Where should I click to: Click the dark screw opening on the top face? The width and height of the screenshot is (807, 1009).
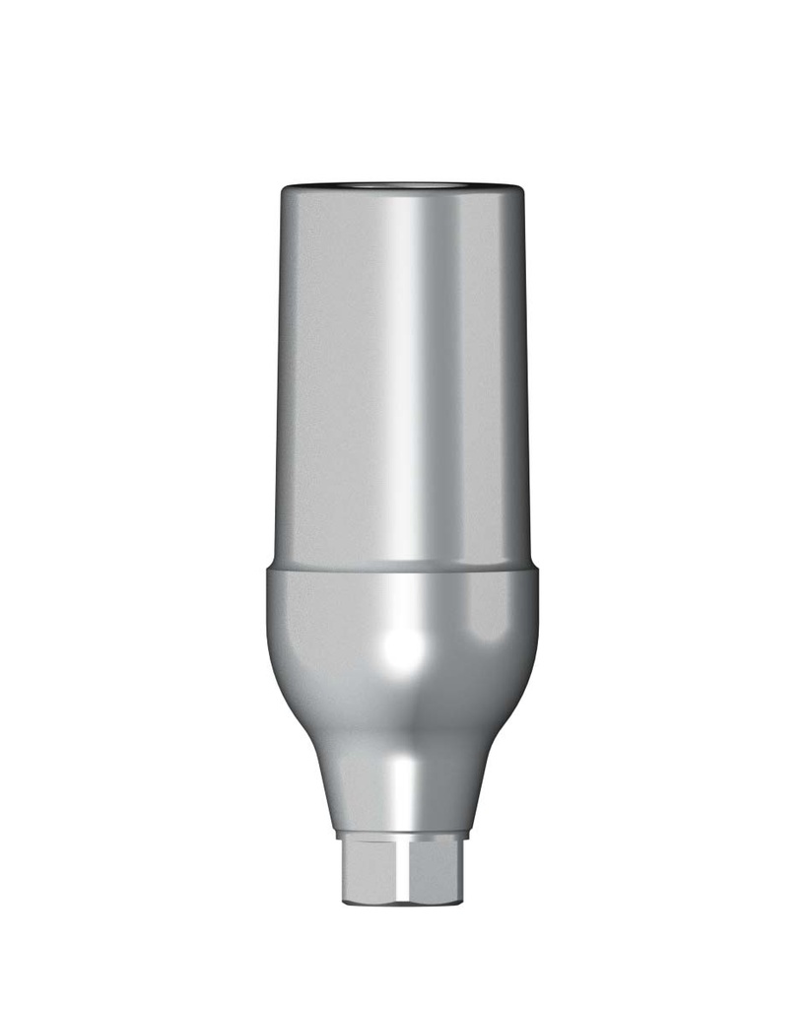tap(403, 184)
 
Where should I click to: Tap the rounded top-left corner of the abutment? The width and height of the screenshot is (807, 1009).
tap(286, 191)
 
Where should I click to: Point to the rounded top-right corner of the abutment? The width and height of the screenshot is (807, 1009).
tap(519, 191)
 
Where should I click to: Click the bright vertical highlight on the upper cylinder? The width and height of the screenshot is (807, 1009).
tap(414, 374)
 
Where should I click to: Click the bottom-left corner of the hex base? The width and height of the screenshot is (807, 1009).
tap(344, 900)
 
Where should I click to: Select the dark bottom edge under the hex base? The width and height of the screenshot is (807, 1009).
tap(403, 904)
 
